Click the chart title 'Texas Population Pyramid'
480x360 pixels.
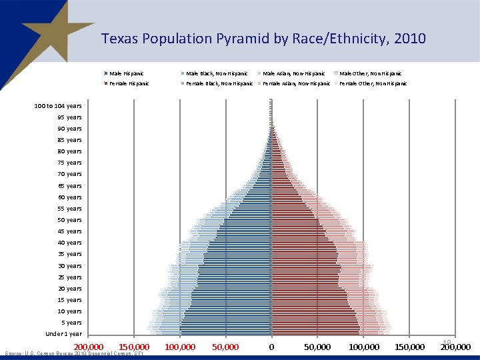point(263,39)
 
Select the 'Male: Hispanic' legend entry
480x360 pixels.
point(127,73)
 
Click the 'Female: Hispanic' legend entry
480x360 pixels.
point(129,84)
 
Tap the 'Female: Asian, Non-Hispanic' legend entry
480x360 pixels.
point(296,84)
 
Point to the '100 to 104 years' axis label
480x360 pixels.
point(59,106)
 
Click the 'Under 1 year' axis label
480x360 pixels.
point(63,334)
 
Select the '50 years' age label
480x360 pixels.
point(69,220)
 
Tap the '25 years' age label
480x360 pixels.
point(69,277)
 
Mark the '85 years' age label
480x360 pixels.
point(69,140)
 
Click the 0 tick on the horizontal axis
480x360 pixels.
point(271,347)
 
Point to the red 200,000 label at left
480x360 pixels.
point(88,347)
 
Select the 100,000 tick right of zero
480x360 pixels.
point(364,347)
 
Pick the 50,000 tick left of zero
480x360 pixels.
point(225,347)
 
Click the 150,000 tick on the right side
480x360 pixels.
point(409,347)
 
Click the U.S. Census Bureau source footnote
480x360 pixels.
point(74,354)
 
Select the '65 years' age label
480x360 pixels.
point(69,186)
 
